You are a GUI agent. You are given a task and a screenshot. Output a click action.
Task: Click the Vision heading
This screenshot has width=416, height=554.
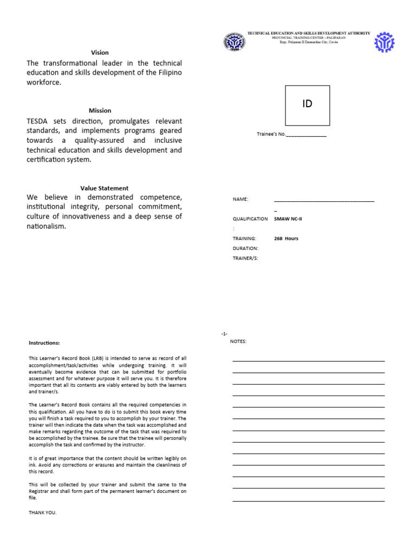click(100, 52)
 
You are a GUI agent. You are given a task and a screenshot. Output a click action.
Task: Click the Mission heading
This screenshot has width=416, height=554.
click(100, 110)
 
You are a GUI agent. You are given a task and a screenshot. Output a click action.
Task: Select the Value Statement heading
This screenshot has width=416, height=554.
click(105, 188)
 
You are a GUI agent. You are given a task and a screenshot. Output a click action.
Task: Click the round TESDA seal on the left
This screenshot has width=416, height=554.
click(234, 42)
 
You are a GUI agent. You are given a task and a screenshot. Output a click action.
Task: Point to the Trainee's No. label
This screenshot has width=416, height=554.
click(270, 134)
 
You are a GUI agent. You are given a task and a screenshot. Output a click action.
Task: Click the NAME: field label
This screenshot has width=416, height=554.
click(240, 199)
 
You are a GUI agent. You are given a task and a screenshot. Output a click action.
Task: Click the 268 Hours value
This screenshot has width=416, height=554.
click(286, 239)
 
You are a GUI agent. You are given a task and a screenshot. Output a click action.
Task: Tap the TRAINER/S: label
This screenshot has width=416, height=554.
click(245, 258)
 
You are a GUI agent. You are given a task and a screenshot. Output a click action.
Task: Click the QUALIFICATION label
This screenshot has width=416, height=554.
click(250, 219)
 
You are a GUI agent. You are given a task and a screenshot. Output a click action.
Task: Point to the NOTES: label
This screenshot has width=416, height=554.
click(238, 341)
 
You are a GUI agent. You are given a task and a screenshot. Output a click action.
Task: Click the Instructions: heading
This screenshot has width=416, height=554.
click(44, 342)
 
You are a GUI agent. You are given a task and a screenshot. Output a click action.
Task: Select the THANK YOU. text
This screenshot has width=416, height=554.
click(42, 512)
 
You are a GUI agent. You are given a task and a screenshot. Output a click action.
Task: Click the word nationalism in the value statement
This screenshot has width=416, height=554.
click(46, 226)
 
